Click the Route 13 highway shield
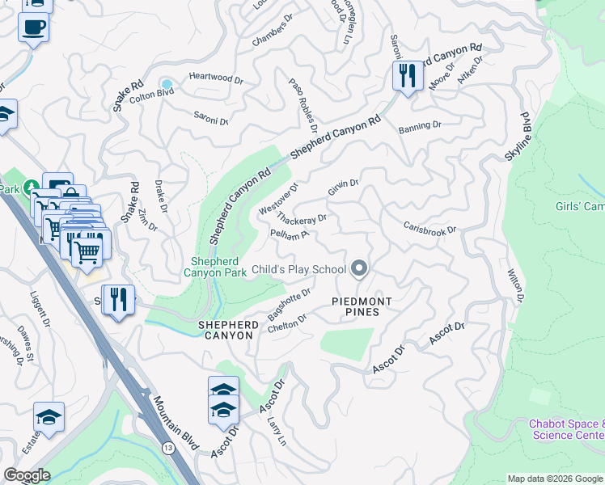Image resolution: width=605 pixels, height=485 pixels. click(167, 447)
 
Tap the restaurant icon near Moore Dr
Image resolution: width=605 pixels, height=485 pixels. click(406, 77)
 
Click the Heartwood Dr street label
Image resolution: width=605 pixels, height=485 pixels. click(215, 79)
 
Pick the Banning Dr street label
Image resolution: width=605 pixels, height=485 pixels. click(419, 126)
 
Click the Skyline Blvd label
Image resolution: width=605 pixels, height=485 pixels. click(513, 134)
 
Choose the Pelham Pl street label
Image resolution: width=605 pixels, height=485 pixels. click(290, 234)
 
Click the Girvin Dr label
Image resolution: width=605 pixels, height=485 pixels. click(343, 188)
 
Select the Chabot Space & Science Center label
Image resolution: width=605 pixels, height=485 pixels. click(566, 429)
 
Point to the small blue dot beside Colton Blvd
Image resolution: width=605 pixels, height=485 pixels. click(167, 84)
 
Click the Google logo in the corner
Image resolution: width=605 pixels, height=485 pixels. click(26, 475)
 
